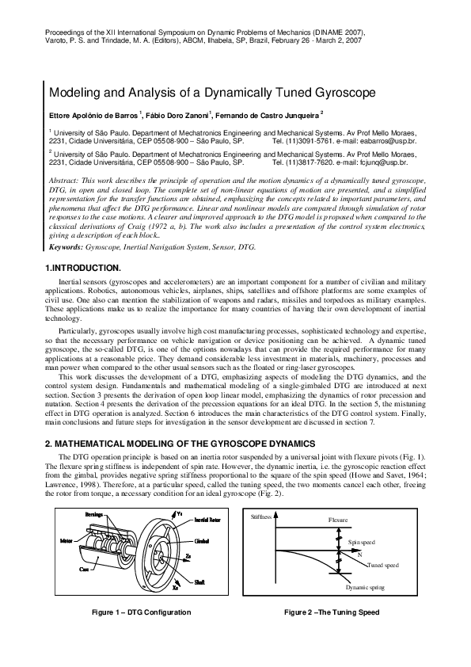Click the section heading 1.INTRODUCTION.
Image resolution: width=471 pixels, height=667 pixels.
[82, 269]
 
